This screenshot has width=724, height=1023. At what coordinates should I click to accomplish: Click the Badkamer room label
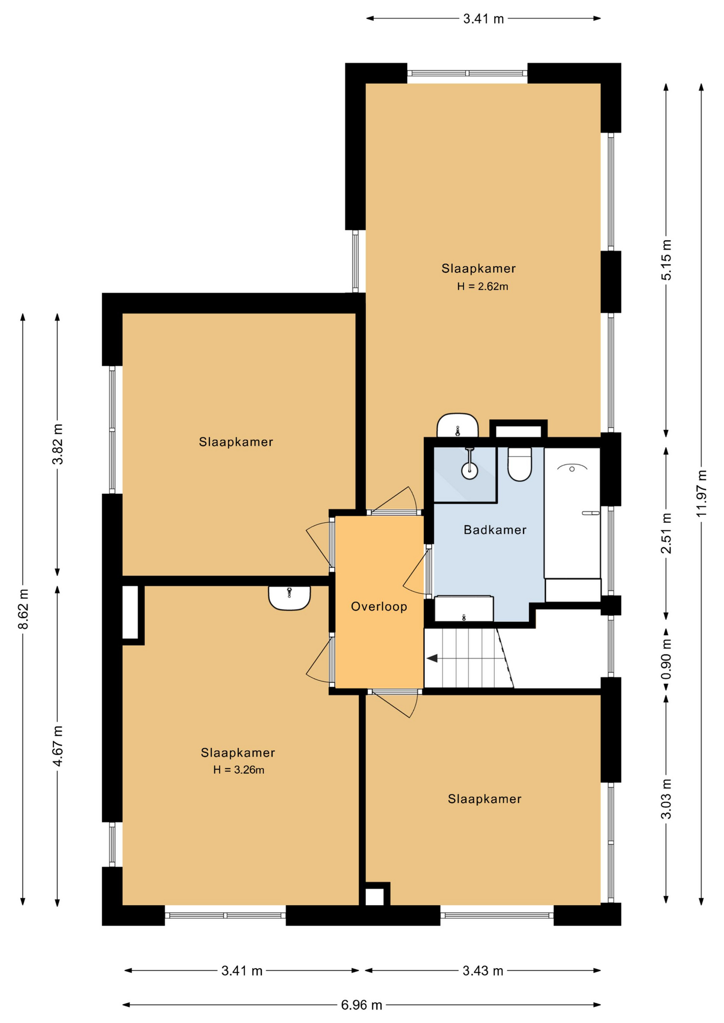coord(495,530)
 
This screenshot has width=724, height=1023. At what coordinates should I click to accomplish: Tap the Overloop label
coord(379,606)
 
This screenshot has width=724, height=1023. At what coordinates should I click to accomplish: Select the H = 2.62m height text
coord(482,286)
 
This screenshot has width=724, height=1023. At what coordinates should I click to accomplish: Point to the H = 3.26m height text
coord(239,769)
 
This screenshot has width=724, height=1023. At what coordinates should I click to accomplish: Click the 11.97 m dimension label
coord(701,493)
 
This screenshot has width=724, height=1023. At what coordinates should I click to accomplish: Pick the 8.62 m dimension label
coord(23,609)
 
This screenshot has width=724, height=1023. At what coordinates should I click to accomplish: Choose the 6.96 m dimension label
coord(361,1005)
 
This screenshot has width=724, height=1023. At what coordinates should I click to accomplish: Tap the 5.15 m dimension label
coord(666,260)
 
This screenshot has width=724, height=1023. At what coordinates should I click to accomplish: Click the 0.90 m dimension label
coord(666,660)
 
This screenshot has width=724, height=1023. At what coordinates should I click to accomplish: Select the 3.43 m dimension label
coord(483,971)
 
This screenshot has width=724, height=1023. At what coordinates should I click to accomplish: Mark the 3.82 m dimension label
coord(58,444)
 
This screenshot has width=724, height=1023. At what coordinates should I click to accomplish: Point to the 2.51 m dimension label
coord(666,533)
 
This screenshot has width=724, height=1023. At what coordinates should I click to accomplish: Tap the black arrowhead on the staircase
coord(432,659)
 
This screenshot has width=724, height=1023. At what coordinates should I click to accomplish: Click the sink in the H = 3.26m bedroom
coord(289,598)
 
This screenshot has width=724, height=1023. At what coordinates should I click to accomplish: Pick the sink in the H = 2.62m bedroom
coord(457,425)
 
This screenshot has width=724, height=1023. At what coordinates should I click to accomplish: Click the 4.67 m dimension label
coord(58,746)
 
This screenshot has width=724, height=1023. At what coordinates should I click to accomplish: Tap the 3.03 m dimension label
coord(666,799)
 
